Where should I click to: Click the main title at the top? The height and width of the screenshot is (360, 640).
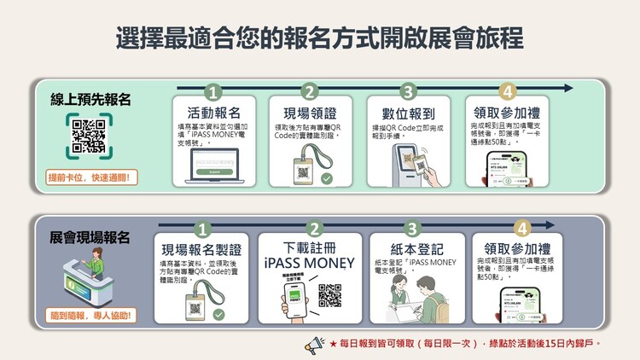point(320,39)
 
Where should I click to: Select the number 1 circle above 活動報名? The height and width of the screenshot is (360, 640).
point(213,92)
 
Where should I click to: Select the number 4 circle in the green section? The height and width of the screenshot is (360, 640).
point(509,92)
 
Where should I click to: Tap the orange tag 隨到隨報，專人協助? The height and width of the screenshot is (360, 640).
point(93,315)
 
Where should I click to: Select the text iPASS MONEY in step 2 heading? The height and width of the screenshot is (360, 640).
point(315,264)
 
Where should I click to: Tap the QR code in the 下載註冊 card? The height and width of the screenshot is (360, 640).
point(330,295)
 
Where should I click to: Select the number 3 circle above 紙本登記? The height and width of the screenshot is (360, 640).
point(412,229)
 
